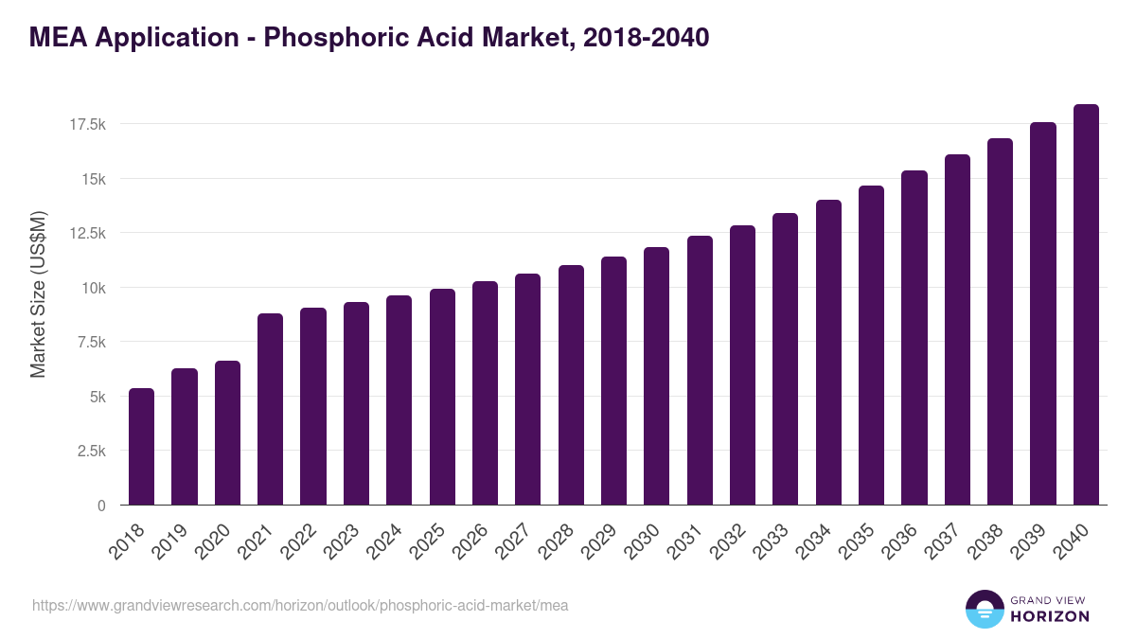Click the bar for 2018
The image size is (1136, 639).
tap(141, 447)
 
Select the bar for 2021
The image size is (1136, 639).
tap(270, 409)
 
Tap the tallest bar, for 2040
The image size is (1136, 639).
tap(1086, 305)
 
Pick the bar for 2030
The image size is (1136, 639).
tap(656, 376)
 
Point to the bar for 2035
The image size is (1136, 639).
tap(871, 346)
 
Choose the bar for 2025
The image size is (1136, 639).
tap(442, 397)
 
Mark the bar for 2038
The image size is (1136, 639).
tap(1000, 322)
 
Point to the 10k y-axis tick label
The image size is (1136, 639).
tap(92, 288)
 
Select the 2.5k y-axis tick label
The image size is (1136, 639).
tap(90, 451)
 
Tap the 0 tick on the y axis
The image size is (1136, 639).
tap(101, 506)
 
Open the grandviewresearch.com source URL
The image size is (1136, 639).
tap(300, 605)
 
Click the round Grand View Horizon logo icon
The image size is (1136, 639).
tap(984, 609)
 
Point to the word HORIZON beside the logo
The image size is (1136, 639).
tap(1050, 616)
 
